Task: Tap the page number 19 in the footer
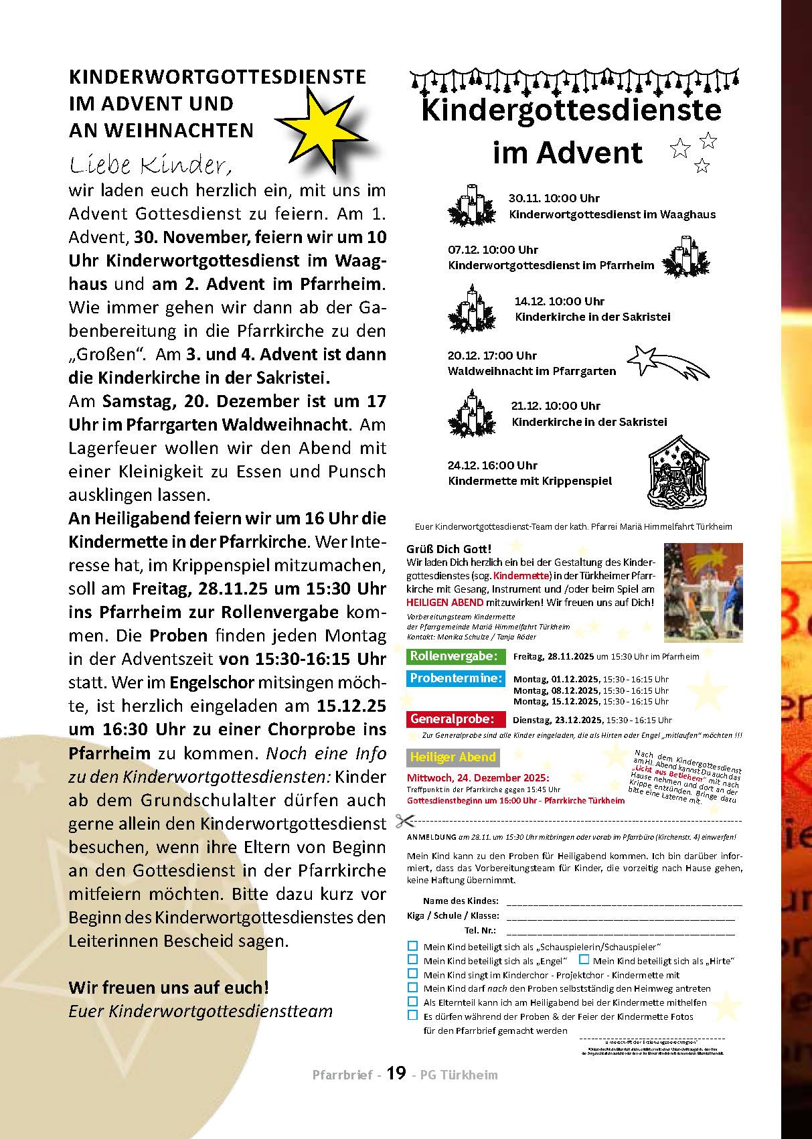[x=396, y=1073]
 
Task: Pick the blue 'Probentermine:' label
[x=455, y=678]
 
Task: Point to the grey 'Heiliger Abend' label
[x=453, y=757]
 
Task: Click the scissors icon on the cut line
[x=404, y=820]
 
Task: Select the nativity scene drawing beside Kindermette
[x=678, y=471]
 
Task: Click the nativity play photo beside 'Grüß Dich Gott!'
[x=703, y=593]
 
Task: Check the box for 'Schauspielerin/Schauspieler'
[x=412, y=946]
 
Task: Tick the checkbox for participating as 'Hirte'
[x=584, y=960]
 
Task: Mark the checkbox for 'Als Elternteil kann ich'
[x=412, y=1002]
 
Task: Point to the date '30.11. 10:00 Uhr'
[x=554, y=198]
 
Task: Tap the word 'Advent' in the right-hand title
[x=589, y=153]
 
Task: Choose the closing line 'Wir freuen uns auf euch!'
[x=169, y=987]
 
